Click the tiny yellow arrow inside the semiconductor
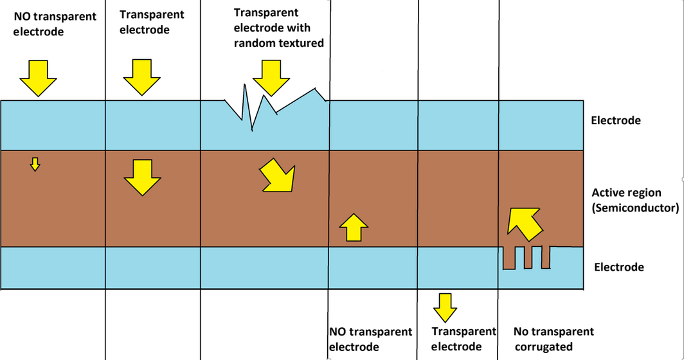click(35, 164)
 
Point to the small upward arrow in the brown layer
click(353, 227)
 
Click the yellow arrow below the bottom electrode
click(444, 307)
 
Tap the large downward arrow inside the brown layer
click(142, 177)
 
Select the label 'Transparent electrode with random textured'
click(278, 28)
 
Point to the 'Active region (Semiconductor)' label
click(634, 200)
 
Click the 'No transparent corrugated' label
click(553, 339)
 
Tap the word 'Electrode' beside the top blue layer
click(615, 120)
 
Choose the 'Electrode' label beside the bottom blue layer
click(618, 267)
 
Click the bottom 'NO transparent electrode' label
click(370, 339)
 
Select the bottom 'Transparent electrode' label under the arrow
click(464, 339)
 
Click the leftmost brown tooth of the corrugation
click(509, 258)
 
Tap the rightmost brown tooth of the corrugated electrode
click(546, 256)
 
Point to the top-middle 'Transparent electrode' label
click(152, 22)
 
